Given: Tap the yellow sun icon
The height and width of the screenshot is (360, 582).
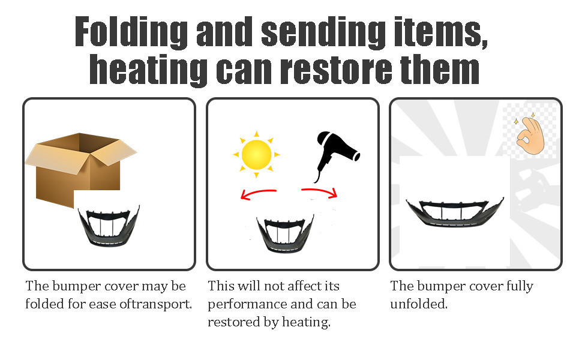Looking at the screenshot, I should [x=256, y=154].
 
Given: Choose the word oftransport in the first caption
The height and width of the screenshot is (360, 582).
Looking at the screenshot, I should [x=157, y=304].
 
